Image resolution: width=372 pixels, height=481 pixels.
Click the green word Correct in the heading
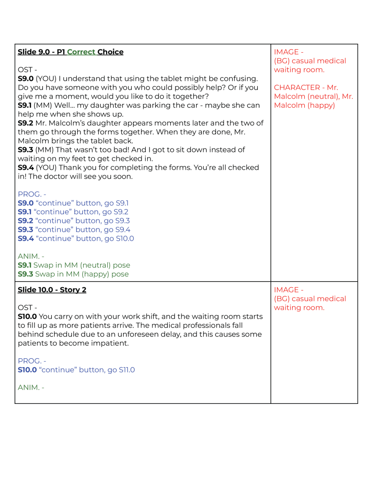pos(81,52)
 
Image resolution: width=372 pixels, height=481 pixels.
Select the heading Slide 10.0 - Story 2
pos(52,290)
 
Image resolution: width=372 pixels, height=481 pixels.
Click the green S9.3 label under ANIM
pos(25,274)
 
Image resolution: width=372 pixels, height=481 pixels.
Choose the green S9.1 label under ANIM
pos(25,265)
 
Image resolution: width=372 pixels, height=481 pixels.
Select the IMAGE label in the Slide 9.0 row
pos(285,52)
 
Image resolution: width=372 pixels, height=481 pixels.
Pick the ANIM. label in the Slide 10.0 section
pos(29,387)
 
